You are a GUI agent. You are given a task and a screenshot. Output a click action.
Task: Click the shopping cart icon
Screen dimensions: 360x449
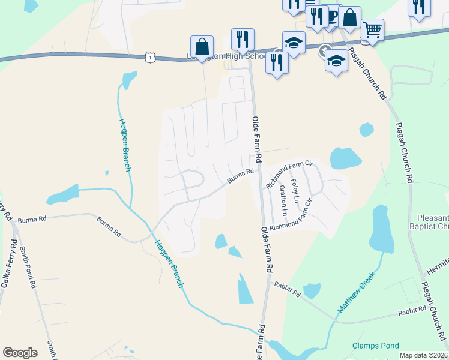tap(372, 28)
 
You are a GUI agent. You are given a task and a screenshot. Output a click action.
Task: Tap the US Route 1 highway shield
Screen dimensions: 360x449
tap(150, 56)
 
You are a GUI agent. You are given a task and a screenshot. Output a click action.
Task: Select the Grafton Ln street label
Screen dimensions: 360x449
tap(283, 200)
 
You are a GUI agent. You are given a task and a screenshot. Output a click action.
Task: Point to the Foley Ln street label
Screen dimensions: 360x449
tap(295, 189)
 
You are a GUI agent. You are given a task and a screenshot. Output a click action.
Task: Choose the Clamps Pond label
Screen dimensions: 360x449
tap(375, 346)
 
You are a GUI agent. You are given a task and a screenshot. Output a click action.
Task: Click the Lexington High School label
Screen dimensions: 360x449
tap(226, 56)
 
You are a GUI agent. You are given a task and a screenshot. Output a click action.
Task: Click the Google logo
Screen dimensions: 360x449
tap(20, 353)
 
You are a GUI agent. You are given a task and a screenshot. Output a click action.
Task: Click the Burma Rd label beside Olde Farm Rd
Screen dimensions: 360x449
tap(241, 175)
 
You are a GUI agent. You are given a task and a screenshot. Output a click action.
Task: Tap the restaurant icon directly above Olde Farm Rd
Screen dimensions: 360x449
tap(243, 39)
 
